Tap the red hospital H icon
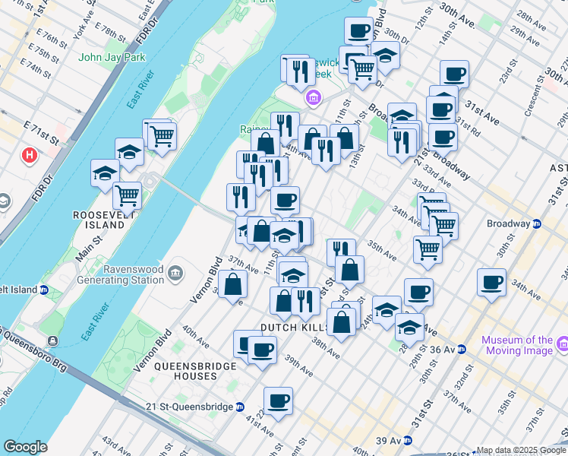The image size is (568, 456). coord(30,155)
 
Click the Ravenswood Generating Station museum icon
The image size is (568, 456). coord(175,272)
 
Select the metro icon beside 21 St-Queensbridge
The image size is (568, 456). coord(240,407)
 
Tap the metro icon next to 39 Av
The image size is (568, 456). coord(408,440)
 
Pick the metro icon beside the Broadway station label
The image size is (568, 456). coord(536,223)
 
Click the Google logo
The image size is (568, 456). coord(25,447)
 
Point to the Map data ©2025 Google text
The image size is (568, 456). coord(520,450)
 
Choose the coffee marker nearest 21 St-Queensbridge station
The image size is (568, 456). coord(278,399)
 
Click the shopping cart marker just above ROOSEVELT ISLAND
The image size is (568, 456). coord(127,195)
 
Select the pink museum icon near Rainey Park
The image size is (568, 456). coord(313,98)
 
